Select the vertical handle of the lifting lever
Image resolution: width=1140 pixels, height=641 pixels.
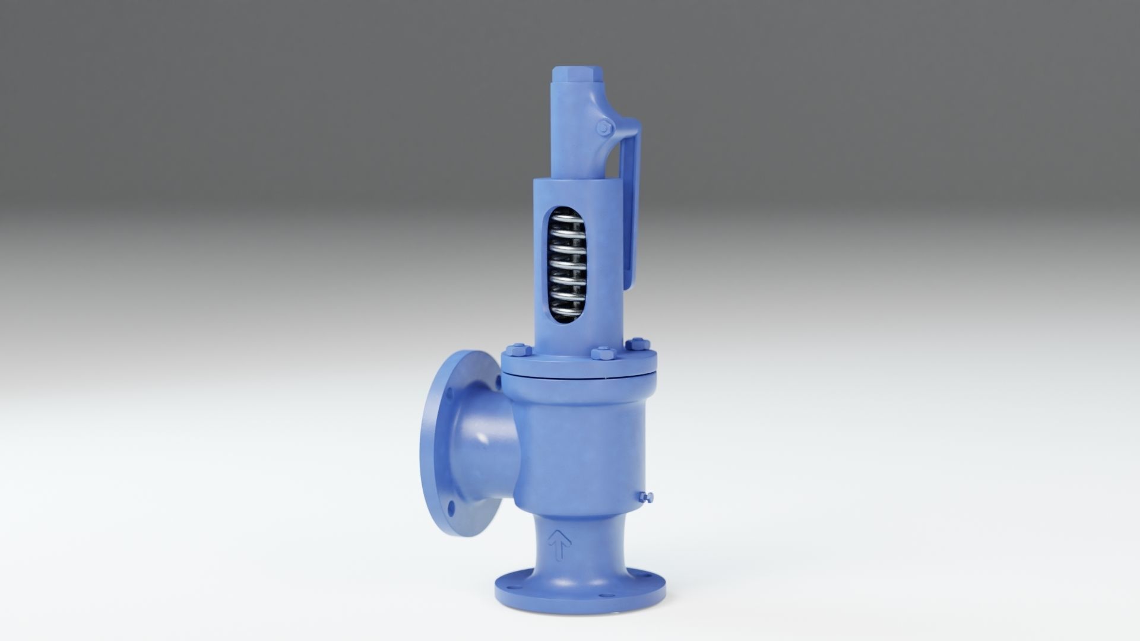631,202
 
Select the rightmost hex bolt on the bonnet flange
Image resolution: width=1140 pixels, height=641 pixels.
639,344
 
